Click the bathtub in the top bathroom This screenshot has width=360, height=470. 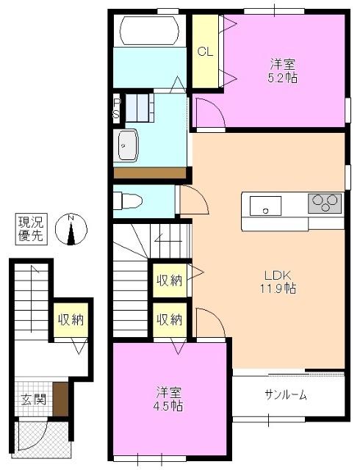coord(150,31)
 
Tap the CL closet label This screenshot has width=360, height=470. coord(205,51)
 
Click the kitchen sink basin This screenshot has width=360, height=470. coord(264,206)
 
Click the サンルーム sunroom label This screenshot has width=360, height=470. coord(286,395)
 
